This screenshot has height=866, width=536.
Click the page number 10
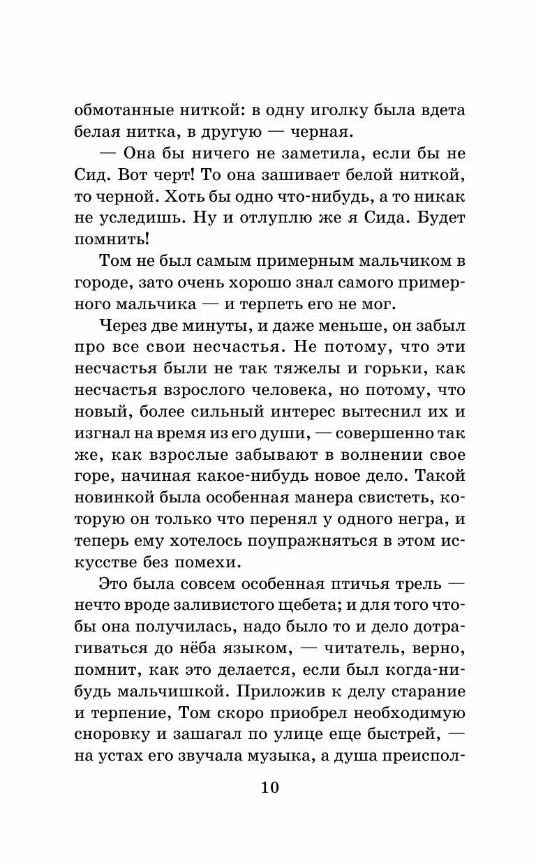(269, 788)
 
